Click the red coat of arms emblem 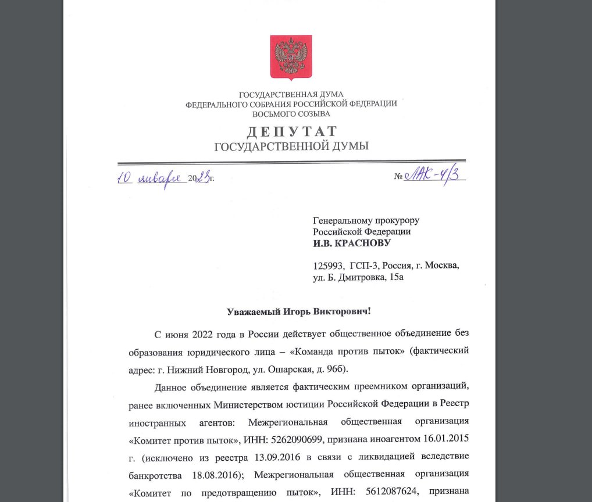click(291, 57)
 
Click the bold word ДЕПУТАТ click(291, 131)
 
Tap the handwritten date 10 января click(151, 178)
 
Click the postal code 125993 click(330, 266)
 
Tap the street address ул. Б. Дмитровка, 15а click(358, 277)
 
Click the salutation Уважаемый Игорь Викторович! click(298, 311)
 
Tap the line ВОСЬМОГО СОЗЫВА click(291, 114)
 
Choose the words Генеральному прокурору click(366, 220)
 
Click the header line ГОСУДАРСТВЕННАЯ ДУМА click(291, 94)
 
